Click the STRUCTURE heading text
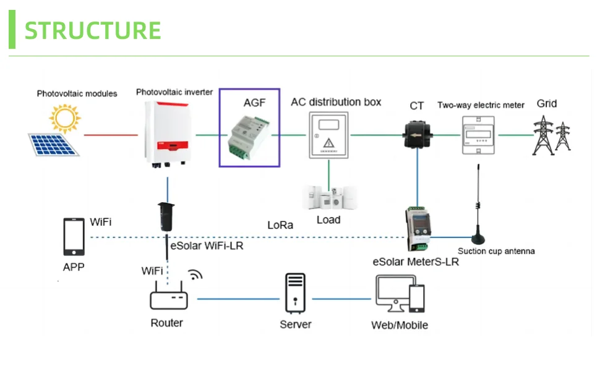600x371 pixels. (93, 30)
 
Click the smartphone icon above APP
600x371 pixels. (74, 237)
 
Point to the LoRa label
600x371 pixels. (280, 225)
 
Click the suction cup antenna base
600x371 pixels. (478, 238)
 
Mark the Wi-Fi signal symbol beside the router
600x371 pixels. (195, 275)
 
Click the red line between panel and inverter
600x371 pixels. (110, 134)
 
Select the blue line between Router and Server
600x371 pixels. (238, 299)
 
